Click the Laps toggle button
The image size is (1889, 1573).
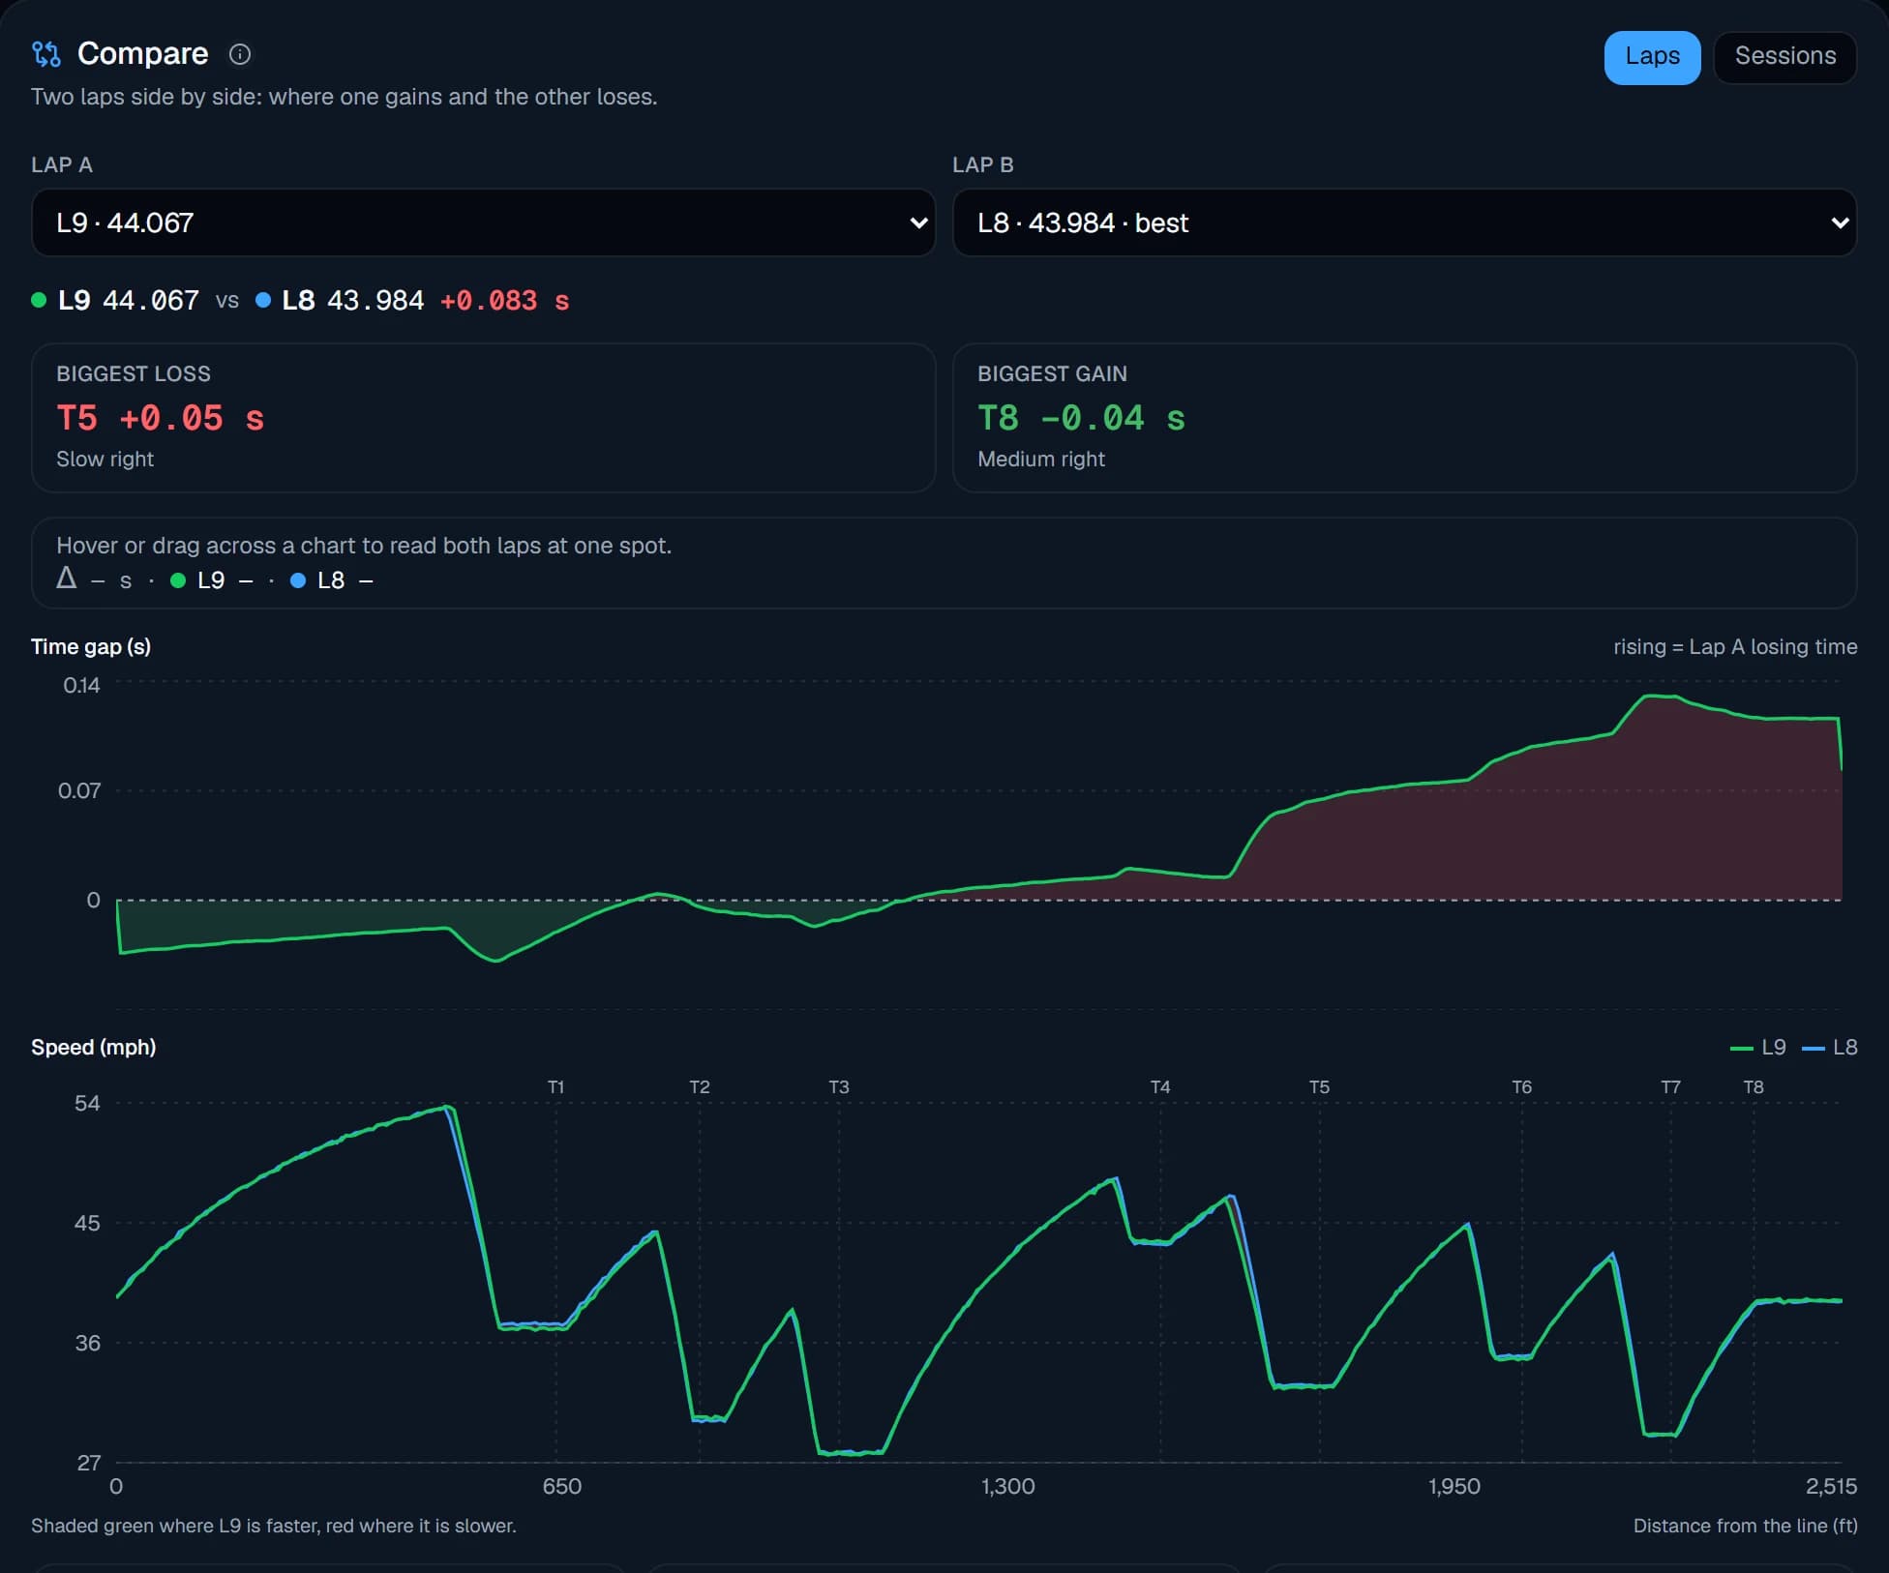click(1652, 57)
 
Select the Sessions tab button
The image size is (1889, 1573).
click(1784, 57)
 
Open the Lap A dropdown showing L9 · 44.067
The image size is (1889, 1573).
click(483, 223)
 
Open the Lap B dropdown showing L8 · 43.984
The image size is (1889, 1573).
click(1404, 223)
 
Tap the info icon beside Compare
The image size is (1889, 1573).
click(239, 54)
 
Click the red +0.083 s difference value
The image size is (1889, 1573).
click(504, 301)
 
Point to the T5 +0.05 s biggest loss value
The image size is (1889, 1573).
click(160, 418)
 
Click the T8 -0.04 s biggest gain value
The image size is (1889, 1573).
click(1081, 418)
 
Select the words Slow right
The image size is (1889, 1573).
click(105, 460)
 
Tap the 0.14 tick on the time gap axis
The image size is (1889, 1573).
click(81, 686)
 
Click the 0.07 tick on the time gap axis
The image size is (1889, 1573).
click(79, 791)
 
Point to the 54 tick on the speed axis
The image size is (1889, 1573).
click(87, 1104)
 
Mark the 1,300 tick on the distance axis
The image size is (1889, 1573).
click(1007, 1486)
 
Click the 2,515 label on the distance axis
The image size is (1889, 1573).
click(1831, 1486)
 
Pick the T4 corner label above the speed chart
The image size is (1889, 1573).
click(1160, 1087)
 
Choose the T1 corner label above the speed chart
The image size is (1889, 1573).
click(555, 1087)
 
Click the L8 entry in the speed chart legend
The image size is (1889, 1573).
click(1831, 1048)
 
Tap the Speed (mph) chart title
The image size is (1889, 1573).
click(94, 1047)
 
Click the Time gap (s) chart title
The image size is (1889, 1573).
click(91, 646)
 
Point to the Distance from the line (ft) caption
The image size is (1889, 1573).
click(1745, 1526)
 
